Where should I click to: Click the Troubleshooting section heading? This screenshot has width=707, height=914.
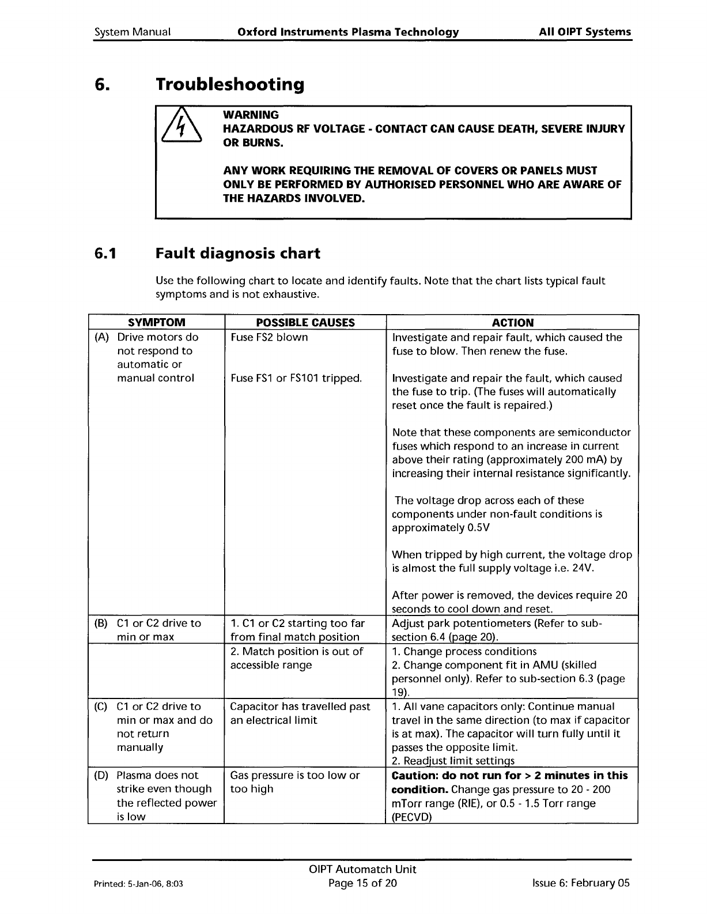pyautogui.click(x=230, y=85)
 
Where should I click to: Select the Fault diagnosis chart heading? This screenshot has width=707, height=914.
pyautogui.click(x=238, y=254)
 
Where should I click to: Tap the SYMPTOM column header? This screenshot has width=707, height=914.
pyautogui.click(x=156, y=323)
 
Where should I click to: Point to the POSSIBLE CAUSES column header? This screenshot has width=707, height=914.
pyautogui.click(x=305, y=323)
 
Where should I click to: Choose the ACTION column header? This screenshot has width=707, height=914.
pyautogui.click(x=512, y=323)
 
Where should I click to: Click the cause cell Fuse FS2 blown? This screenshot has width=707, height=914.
pyautogui.click(x=269, y=337)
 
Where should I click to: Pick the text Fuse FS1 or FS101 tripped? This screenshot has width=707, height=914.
pyautogui.click(x=296, y=378)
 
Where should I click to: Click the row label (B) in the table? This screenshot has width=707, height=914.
pyautogui.click(x=100, y=623)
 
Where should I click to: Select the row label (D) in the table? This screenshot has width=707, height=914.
pyautogui.click(x=100, y=775)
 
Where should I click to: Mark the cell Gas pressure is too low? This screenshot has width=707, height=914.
pyautogui.click(x=294, y=775)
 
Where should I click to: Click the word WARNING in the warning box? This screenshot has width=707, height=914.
pyautogui.click(x=251, y=115)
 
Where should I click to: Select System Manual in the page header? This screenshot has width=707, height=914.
pyautogui.click(x=132, y=32)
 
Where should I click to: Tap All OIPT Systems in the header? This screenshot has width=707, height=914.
pyautogui.click(x=585, y=32)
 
